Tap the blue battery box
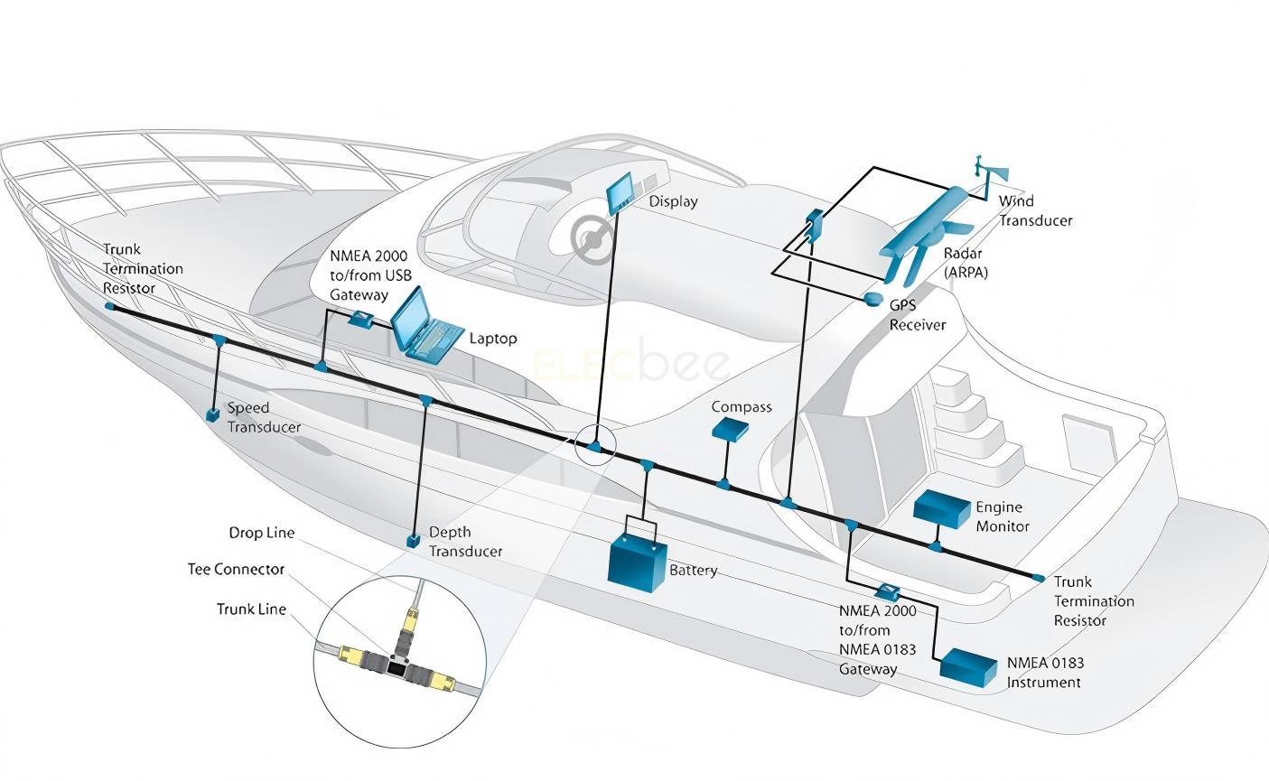tap(638, 562)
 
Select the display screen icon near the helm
tap(621, 193)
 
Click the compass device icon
tap(730, 429)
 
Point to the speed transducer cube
tap(213, 414)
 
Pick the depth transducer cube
tap(413, 541)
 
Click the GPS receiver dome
tap(873, 298)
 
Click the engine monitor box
tap(941, 509)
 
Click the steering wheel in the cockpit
tap(593, 237)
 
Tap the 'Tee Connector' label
tap(236, 570)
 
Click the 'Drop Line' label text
tap(261, 533)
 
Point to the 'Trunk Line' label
tap(251, 609)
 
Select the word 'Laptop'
tap(493, 339)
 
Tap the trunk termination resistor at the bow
tap(110, 307)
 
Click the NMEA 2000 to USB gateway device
tap(362, 318)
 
